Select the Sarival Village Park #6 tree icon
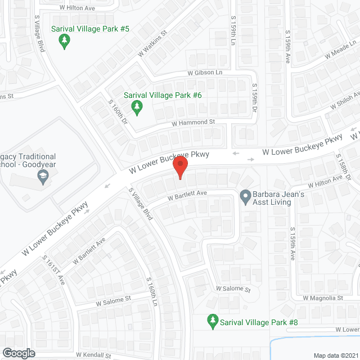(136, 106)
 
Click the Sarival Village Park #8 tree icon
(212, 322)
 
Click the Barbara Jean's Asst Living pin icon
(245, 197)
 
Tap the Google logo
(18, 353)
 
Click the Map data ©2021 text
(335, 355)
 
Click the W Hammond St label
(193, 121)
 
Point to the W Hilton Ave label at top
(78, 8)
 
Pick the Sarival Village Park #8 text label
(259, 322)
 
